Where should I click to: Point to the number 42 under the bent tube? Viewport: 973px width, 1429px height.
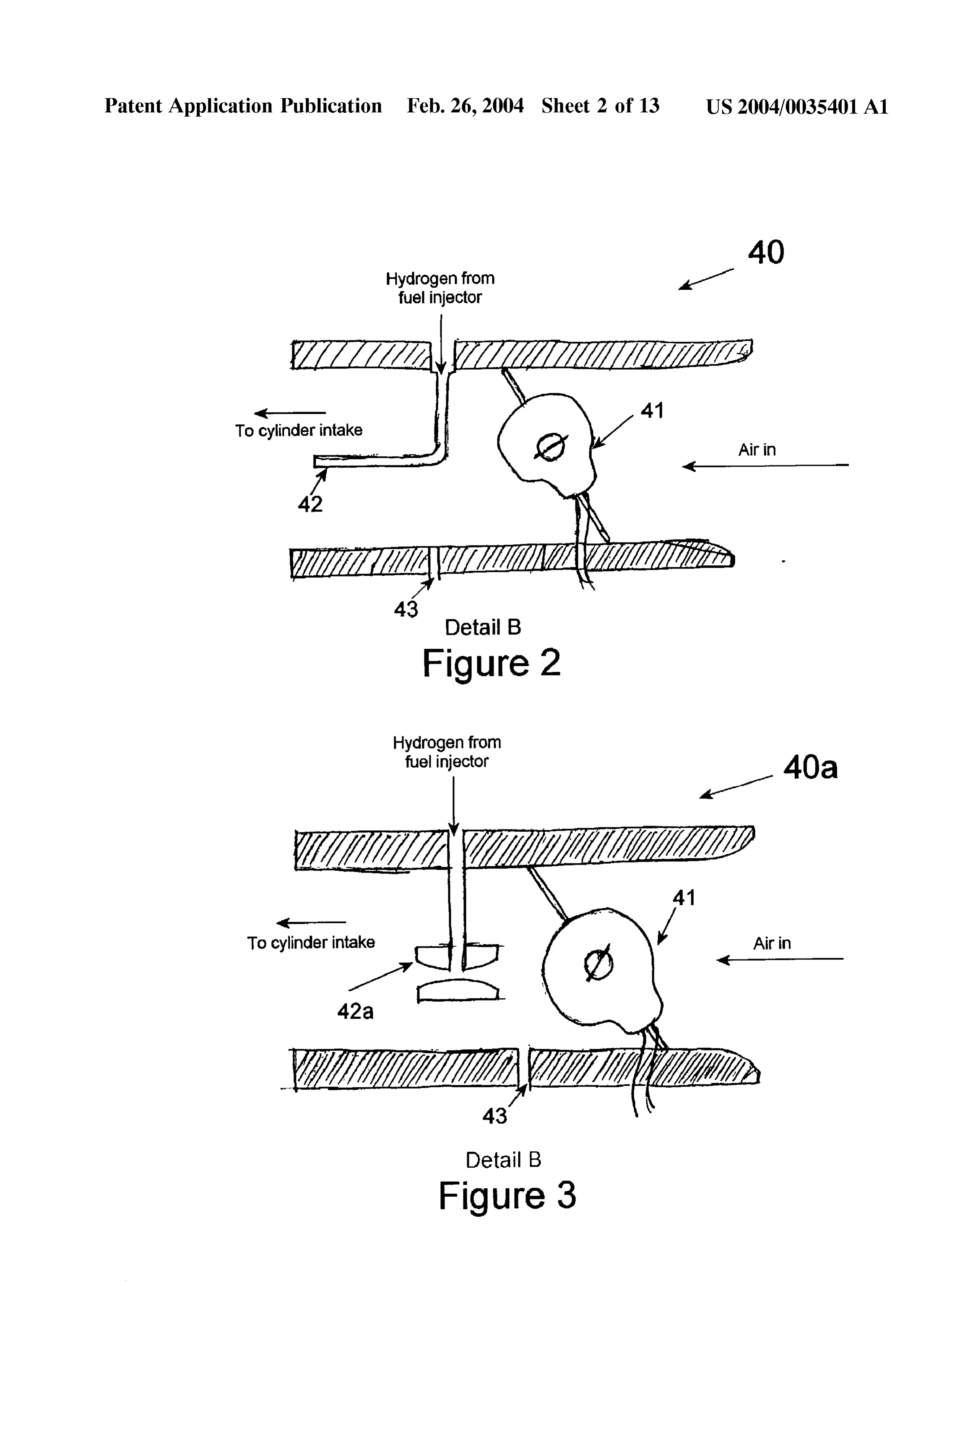tap(310, 504)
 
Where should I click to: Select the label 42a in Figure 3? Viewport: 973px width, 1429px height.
tap(355, 1011)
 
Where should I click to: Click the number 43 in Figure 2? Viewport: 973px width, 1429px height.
tap(406, 609)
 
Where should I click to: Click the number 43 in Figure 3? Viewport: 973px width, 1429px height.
tap(494, 1115)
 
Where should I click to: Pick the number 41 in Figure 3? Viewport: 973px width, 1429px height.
tap(684, 898)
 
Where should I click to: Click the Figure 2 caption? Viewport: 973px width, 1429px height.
tap(492, 663)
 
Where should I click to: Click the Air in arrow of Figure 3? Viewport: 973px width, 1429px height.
tap(780, 959)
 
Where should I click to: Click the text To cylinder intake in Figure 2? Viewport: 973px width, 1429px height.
tap(299, 431)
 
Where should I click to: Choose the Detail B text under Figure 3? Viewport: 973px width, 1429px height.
tap(503, 1160)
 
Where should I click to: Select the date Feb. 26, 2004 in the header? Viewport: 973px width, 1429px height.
tap(465, 107)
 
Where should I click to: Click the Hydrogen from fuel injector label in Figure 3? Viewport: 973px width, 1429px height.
tap(447, 751)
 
